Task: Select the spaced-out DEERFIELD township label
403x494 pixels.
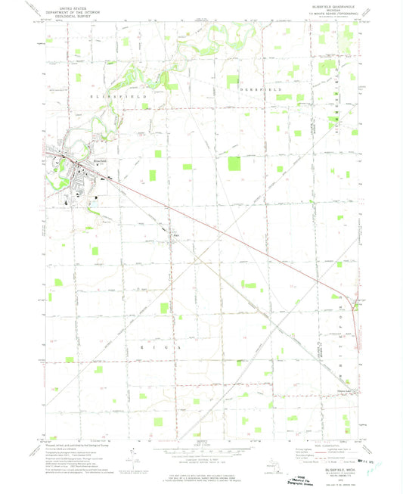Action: click(x=260, y=89)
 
